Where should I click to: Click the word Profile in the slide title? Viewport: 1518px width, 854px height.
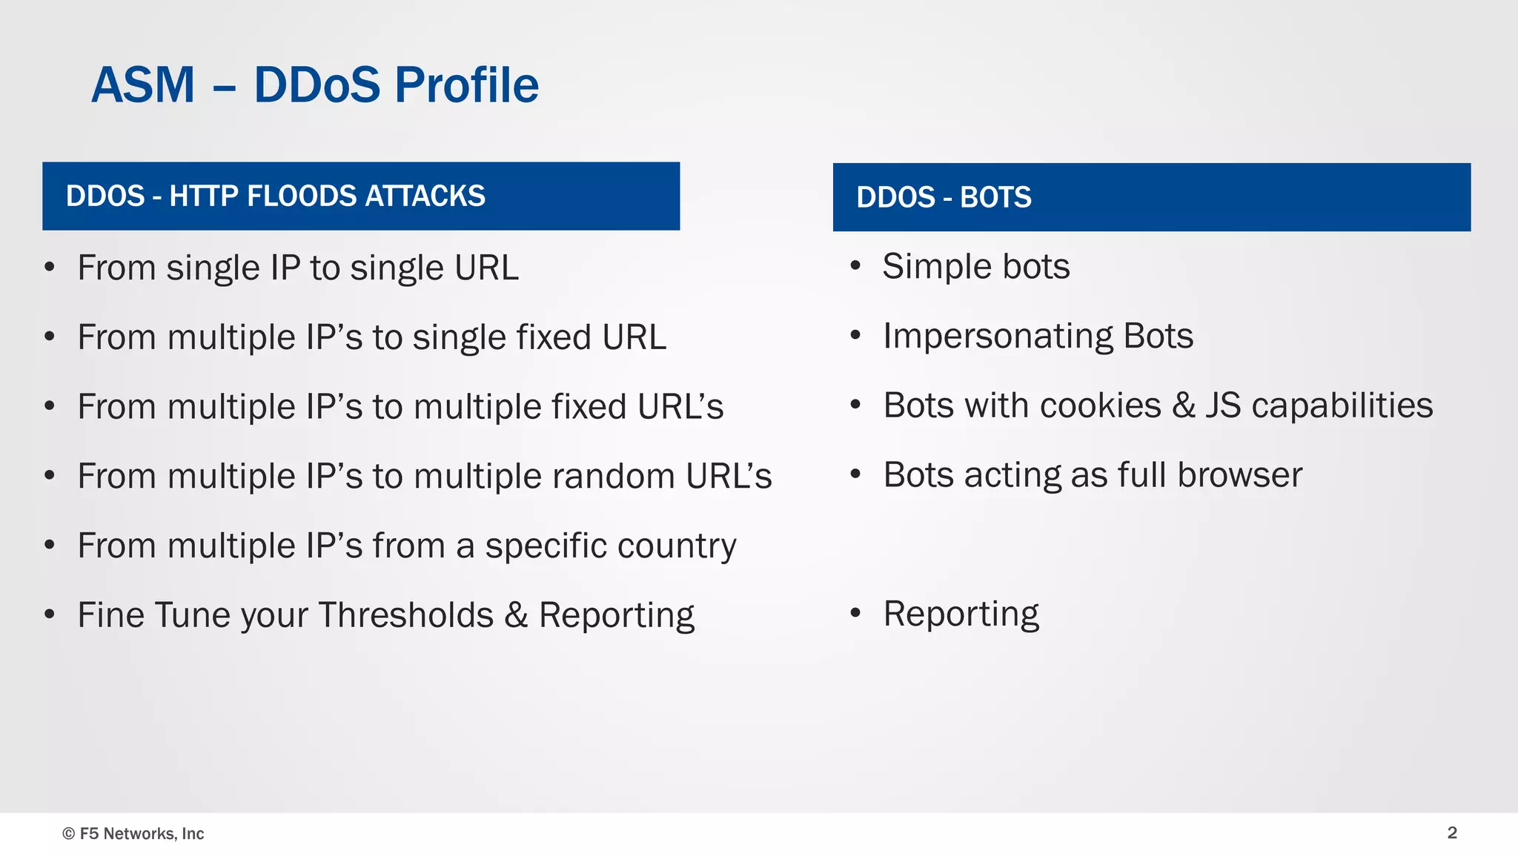pyautogui.click(x=466, y=85)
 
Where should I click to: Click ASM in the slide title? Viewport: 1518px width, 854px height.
pyautogui.click(x=143, y=85)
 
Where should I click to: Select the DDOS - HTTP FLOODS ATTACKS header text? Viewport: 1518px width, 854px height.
pyautogui.click(x=275, y=196)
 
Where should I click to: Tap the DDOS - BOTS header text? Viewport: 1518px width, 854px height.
pyautogui.click(x=943, y=197)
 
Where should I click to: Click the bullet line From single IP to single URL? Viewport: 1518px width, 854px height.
pyautogui.click(x=298, y=268)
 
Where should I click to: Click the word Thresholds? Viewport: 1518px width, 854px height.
pyautogui.click(x=405, y=615)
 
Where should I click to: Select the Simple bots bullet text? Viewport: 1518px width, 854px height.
pyautogui.click(x=975, y=266)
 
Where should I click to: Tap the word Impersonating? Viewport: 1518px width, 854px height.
pyautogui.click(x=998, y=336)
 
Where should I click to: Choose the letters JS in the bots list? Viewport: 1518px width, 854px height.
pyautogui.click(x=1222, y=406)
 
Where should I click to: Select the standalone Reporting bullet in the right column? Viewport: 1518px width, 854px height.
pyautogui.click(x=961, y=614)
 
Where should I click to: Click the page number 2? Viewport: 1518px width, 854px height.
pyautogui.click(x=1452, y=833)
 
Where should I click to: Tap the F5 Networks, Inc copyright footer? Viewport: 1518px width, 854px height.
pyautogui.click(x=133, y=833)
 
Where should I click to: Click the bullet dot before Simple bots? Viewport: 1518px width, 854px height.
pyautogui.click(x=855, y=266)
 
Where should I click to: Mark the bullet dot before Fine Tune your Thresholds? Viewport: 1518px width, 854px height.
pyautogui.click(x=50, y=615)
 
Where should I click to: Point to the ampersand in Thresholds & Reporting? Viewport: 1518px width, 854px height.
pyautogui.click(x=516, y=615)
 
